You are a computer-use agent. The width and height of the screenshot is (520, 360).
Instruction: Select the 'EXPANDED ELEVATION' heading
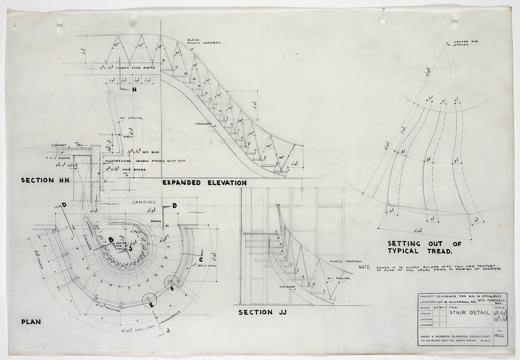204,183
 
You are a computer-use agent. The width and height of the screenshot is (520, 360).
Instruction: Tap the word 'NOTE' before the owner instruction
365,267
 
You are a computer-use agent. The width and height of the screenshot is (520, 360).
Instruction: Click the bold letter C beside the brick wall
201,260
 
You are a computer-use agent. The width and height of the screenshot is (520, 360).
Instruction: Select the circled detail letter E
151,305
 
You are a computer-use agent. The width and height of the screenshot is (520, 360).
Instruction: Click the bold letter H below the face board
134,90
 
